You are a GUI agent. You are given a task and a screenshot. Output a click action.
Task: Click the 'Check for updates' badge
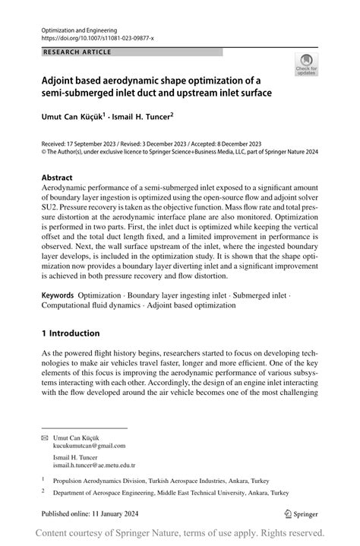tap(306, 65)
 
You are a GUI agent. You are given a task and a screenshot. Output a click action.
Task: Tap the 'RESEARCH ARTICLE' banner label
tap(77, 52)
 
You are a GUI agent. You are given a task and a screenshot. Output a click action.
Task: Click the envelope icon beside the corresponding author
tap(45, 437)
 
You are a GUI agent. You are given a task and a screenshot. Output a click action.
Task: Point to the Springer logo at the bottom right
tap(299, 513)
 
